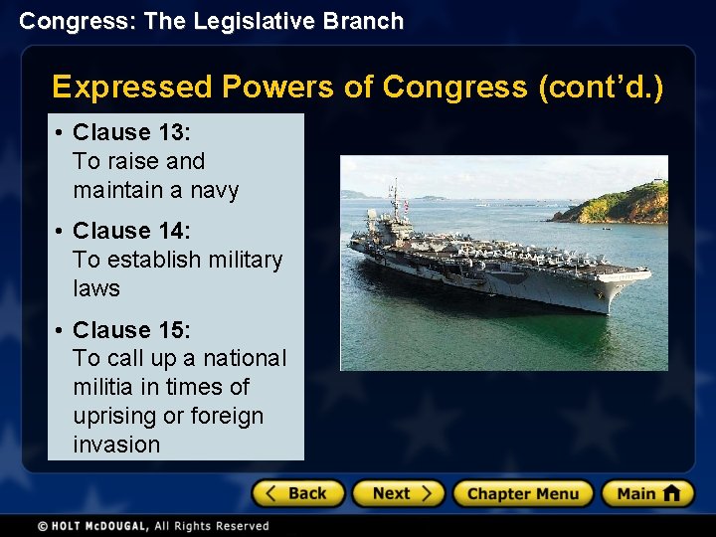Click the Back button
[x=297, y=493]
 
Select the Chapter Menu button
[x=522, y=493]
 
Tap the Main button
[x=646, y=493]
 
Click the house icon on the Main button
[x=671, y=492]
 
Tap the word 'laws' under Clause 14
[x=96, y=288]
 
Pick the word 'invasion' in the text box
[x=116, y=445]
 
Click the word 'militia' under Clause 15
[x=104, y=387]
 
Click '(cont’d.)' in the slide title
[x=601, y=88]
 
